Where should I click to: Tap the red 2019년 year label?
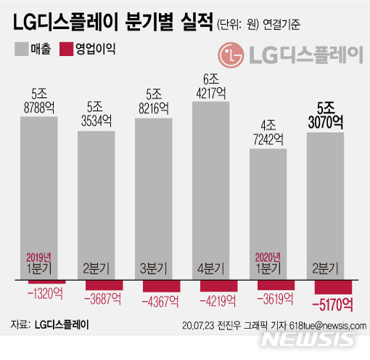39,257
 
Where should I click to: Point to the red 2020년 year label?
272,257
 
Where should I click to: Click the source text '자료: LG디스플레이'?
50,324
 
